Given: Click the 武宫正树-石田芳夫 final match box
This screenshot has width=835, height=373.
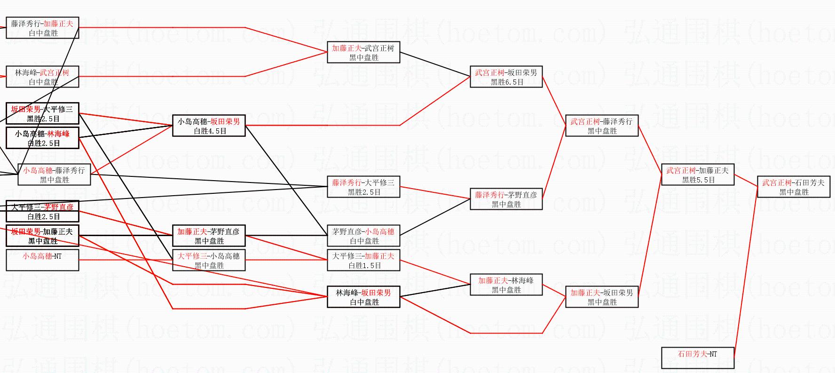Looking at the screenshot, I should [793, 187].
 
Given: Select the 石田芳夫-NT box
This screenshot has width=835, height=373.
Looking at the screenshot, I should [697, 357].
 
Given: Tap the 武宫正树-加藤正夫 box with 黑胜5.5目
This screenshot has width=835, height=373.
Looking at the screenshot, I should [697, 175].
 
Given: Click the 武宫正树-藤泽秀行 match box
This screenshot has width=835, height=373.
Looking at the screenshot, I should [601, 126].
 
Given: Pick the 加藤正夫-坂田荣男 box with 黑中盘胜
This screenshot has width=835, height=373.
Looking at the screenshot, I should [601, 297].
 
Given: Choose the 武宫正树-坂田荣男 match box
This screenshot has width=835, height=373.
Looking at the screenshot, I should [506, 77].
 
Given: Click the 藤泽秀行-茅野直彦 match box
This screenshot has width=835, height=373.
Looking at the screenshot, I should [506, 199].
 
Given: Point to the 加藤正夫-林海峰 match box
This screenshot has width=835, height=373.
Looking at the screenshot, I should [506, 285].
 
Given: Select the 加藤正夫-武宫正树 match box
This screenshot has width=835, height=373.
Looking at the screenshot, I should [363, 53].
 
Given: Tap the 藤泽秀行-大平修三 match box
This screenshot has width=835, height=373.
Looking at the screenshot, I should [363, 187].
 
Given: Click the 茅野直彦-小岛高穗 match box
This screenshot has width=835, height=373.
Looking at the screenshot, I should [363, 236].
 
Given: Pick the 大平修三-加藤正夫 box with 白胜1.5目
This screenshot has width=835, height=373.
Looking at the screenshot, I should [363, 261].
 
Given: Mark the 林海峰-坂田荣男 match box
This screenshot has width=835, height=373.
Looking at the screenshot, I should [363, 297].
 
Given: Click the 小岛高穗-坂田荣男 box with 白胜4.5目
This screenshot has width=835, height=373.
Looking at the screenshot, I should [209, 126].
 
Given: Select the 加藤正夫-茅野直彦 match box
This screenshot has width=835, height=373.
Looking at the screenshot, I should [209, 236].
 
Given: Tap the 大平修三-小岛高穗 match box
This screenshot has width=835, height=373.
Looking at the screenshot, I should [209, 261].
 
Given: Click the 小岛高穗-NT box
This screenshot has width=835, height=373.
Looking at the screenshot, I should [42, 261].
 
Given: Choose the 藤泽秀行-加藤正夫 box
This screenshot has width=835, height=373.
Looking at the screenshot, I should [42, 28].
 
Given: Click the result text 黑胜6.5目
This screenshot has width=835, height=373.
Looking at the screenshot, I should [507, 82].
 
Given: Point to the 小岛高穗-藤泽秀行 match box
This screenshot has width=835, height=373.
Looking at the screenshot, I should [54, 175].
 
